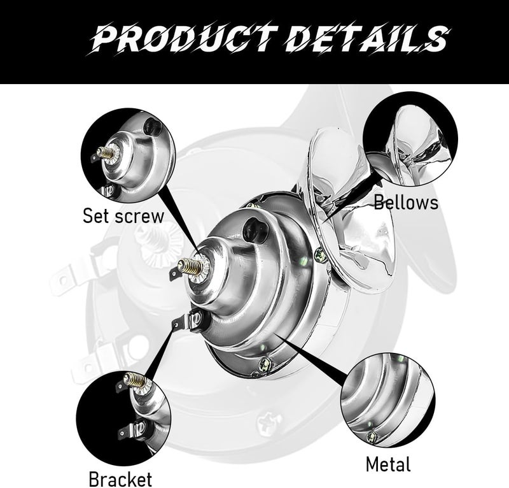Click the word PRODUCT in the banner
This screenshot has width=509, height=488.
click(x=185, y=38)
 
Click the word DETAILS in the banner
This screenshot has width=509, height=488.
click(x=368, y=38)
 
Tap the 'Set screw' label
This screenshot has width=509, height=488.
click(x=123, y=216)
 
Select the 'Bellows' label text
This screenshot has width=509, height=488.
click(x=406, y=202)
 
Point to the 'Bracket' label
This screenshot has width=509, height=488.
click(x=120, y=479)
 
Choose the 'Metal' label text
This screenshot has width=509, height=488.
click(x=388, y=464)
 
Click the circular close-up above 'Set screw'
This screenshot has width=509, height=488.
click(x=129, y=155)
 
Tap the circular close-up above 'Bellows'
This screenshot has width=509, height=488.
click(x=410, y=139)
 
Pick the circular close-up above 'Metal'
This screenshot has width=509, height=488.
click(x=388, y=400)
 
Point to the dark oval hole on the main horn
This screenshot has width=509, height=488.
click(x=255, y=229)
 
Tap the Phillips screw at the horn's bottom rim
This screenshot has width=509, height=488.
click(x=265, y=363)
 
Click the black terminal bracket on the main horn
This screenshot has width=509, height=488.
click(x=188, y=321)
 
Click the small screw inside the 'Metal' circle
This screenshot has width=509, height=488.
click(x=371, y=436)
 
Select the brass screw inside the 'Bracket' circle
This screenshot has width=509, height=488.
click(x=133, y=380)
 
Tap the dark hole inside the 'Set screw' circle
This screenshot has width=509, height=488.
click(x=152, y=127)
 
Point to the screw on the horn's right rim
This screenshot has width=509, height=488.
click(x=321, y=254)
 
